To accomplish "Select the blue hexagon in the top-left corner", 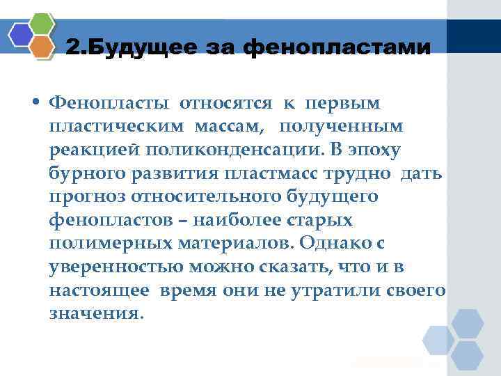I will pos(22,35).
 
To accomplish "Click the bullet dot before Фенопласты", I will pos(35,104).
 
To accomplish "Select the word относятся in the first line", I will pos(228,104).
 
